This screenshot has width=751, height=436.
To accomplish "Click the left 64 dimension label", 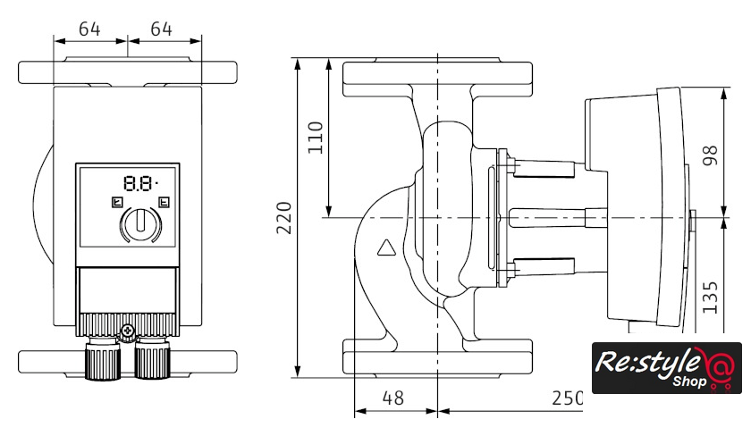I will [x=89, y=29].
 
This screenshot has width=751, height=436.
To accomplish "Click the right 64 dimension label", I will [x=161, y=29].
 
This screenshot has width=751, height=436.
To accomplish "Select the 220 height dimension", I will [x=284, y=216].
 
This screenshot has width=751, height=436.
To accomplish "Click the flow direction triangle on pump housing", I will [x=386, y=249].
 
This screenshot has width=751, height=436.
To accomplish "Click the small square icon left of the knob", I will [x=115, y=202].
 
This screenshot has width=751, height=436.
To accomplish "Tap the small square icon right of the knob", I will [x=163, y=202].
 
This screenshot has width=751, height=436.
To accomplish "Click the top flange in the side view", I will [x=437, y=79].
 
